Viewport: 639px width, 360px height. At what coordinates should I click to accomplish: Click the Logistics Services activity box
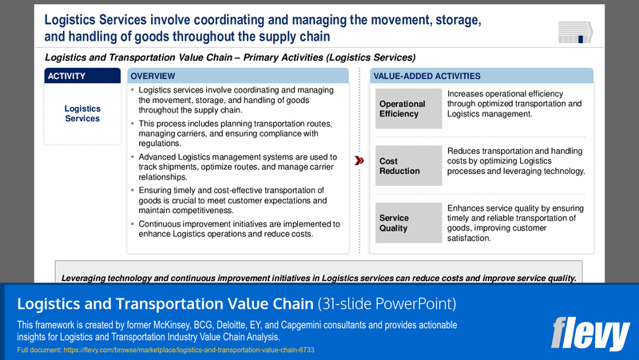pyautogui.click(x=82, y=113)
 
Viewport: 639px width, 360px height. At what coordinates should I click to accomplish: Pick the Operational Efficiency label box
pyautogui.click(x=408, y=109)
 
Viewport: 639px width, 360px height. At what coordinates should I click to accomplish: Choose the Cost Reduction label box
pyautogui.click(x=408, y=166)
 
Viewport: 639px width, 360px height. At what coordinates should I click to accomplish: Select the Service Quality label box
pyautogui.click(x=408, y=223)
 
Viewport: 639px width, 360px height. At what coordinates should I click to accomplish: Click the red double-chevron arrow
pyautogui.click(x=359, y=169)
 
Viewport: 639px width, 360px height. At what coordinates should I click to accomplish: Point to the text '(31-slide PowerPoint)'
pyautogui.click(x=386, y=304)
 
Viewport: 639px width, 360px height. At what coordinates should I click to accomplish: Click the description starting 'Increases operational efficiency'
pyautogui.click(x=514, y=104)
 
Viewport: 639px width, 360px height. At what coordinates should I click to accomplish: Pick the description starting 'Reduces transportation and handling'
pyautogui.click(x=516, y=161)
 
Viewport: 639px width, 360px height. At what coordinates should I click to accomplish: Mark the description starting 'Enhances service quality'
pyautogui.click(x=515, y=223)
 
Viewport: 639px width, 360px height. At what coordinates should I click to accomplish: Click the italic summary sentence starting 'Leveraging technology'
pyautogui.click(x=319, y=278)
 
